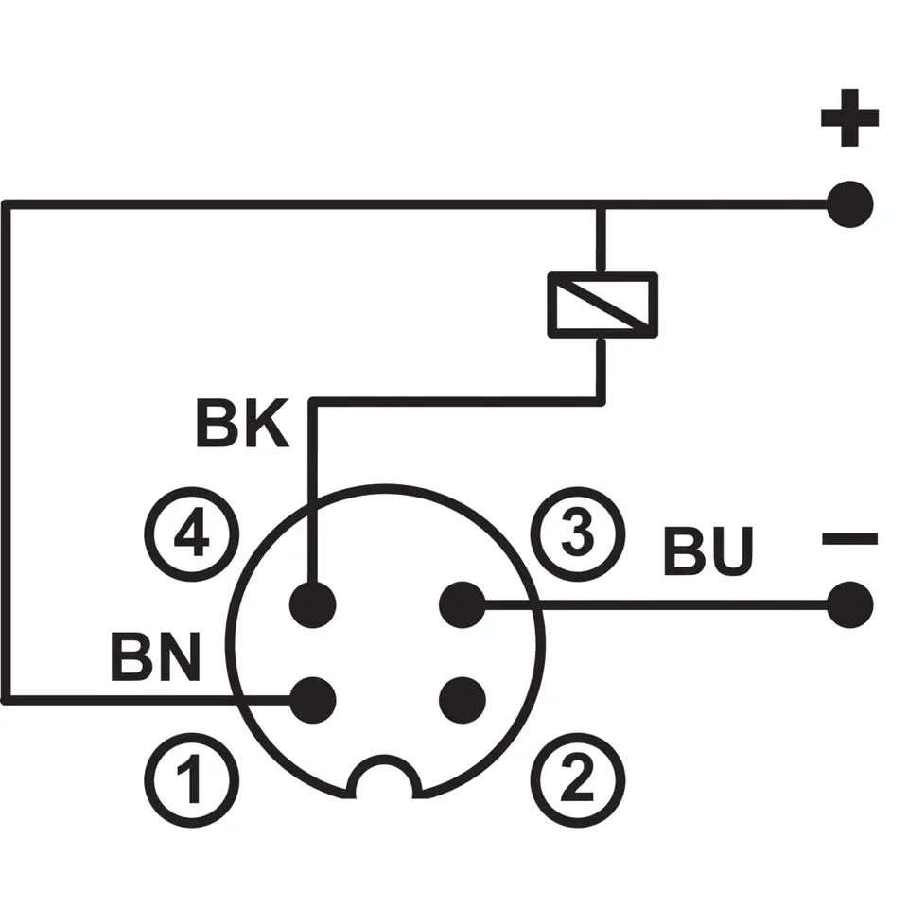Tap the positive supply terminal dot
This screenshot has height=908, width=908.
coord(849,202)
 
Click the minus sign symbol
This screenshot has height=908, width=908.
coord(849,539)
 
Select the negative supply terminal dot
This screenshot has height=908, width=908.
coord(849,604)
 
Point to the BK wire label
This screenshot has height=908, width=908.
coord(241,425)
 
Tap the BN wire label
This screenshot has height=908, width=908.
coord(156,657)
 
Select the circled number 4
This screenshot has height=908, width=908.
coord(192,538)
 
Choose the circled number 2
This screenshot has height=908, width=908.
coord(578,779)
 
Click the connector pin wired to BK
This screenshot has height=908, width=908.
coord(313,603)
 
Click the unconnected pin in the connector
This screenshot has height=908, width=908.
coord(463,700)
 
